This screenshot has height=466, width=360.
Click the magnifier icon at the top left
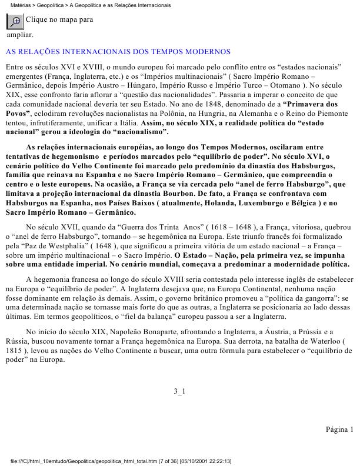[15, 20]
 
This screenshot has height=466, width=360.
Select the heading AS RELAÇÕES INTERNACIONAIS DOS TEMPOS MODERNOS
[118, 52]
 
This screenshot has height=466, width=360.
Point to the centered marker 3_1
[179, 391]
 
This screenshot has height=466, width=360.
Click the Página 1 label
[339, 429]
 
